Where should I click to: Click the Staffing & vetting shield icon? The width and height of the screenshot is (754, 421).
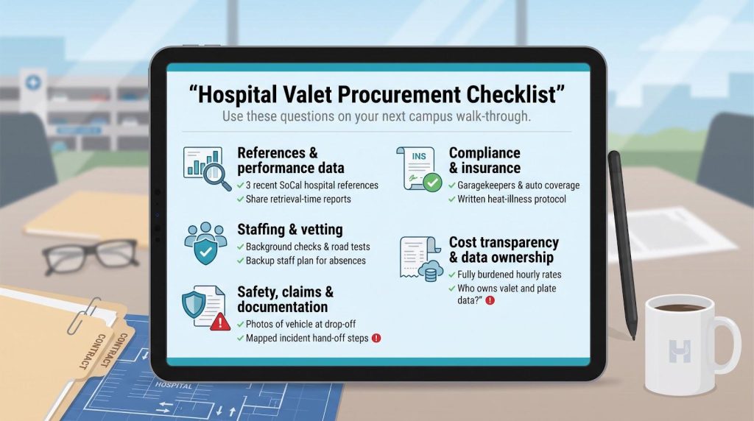[x=206, y=243]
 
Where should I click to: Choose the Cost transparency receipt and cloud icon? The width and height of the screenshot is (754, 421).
[x=420, y=258]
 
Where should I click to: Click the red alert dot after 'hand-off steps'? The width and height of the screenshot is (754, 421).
[x=376, y=338]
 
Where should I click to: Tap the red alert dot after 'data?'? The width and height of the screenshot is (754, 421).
[x=490, y=300]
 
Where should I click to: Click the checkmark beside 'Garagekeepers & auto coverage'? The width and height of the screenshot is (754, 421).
[x=452, y=185]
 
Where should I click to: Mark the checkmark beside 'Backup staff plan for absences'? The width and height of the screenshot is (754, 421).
[x=241, y=261]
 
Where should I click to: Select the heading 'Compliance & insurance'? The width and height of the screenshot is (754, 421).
[x=485, y=160]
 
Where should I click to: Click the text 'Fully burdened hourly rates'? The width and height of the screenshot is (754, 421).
[x=510, y=275]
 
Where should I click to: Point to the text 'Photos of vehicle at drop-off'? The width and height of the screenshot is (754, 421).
[x=300, y=324]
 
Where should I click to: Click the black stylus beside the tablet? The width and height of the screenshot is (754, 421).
[x=623, y=244]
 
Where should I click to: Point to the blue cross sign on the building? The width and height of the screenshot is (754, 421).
[x=33, y=82]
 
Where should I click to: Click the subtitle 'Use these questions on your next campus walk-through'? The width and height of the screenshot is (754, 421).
[x=376, y=116]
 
